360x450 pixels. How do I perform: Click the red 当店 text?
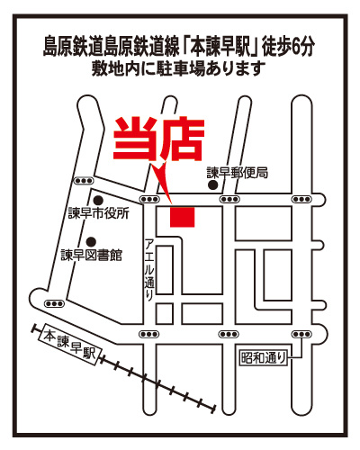(159, 139)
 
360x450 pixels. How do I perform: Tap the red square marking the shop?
(183, 217)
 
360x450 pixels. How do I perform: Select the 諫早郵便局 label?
(238, 173)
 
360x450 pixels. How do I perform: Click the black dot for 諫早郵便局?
(212, 185)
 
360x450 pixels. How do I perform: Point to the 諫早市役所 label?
(99, 213)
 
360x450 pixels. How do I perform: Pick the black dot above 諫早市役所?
(98, 200)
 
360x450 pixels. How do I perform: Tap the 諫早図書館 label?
(92, 256)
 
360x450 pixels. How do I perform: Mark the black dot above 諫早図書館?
(91, 241)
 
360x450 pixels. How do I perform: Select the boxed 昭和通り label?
(264, 357)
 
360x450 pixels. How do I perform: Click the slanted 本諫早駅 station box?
(70, 345)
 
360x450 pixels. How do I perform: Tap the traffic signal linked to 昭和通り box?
(301, 334)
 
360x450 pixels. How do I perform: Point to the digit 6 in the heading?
(296, 48)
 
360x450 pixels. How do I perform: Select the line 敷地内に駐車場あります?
(179, 68)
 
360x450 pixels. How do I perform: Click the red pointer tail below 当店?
(162, 183)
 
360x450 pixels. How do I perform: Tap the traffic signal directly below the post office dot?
(229, 199)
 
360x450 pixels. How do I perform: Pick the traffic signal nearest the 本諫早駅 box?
(54, 303)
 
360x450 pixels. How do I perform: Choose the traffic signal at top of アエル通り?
(149, 199)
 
